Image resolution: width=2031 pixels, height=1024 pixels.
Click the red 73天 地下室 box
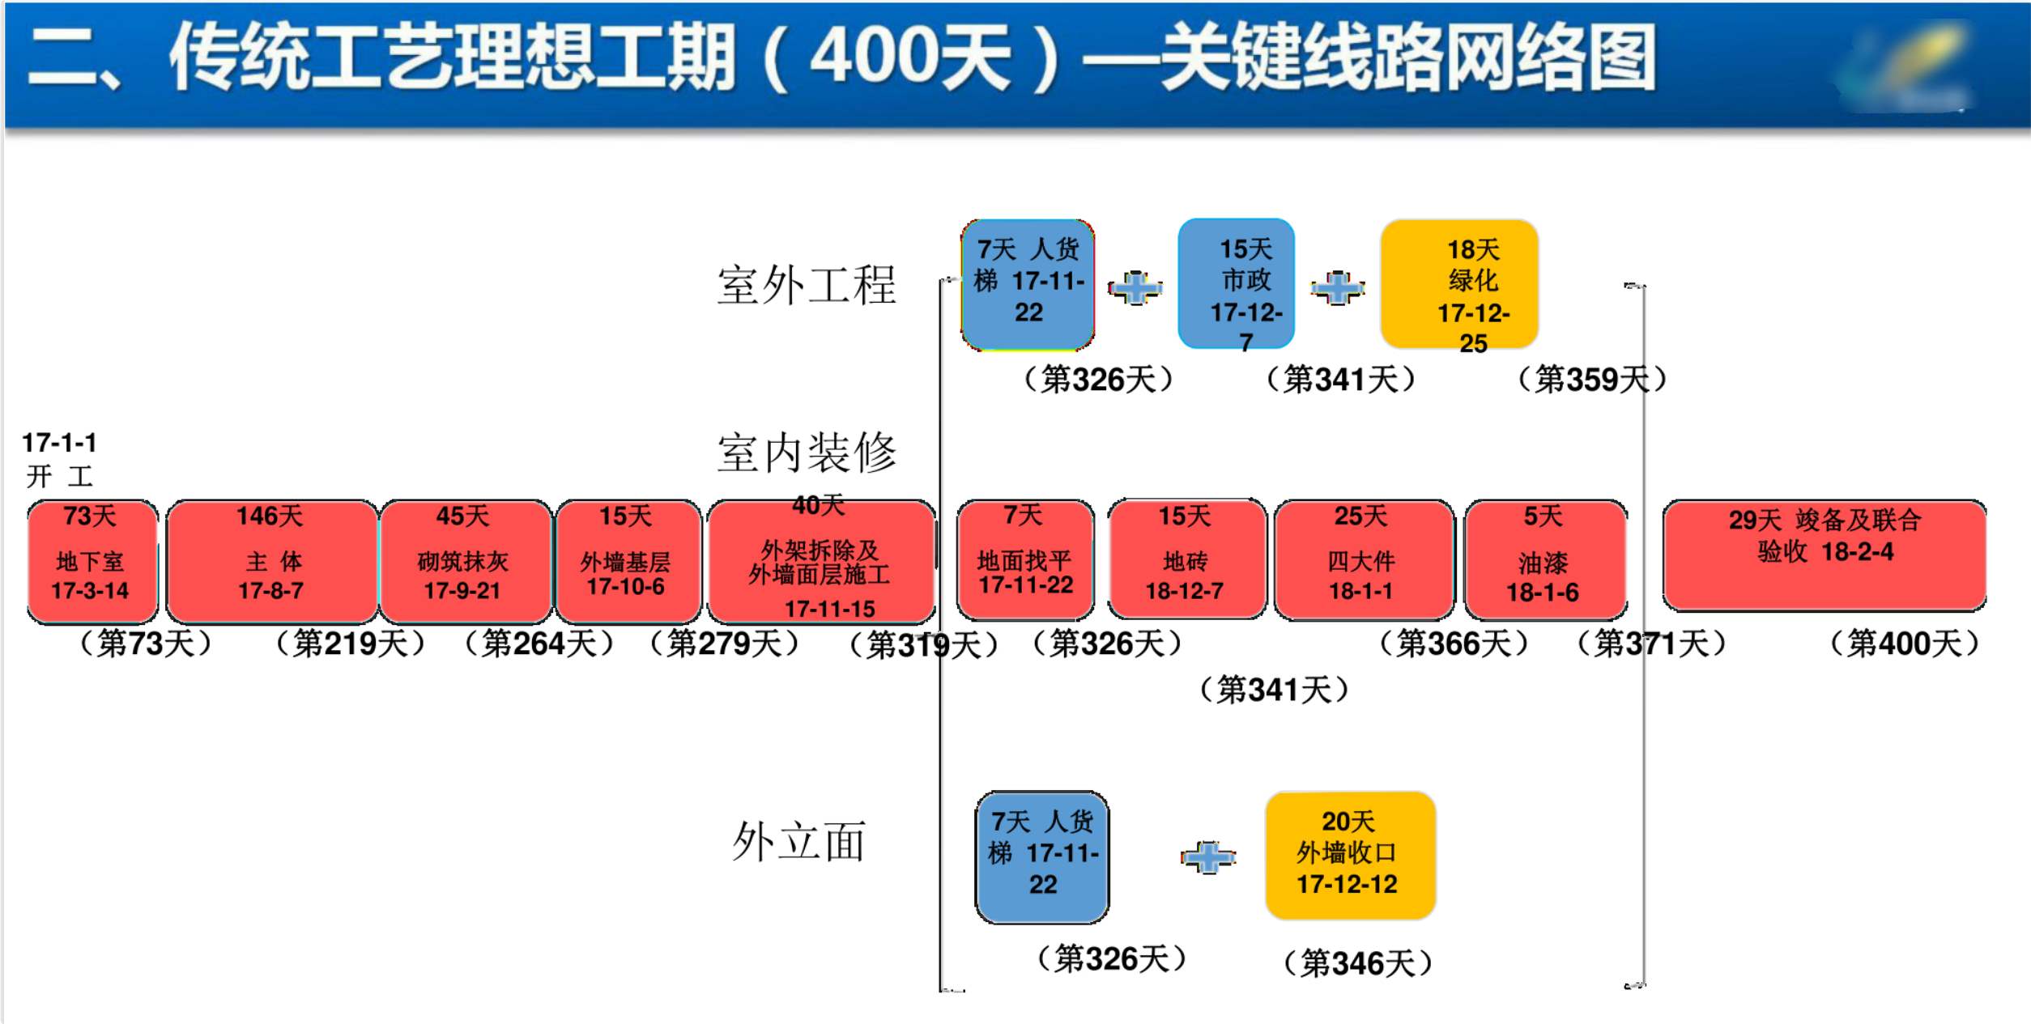92,562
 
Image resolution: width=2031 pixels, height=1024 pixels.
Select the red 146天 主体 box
272,562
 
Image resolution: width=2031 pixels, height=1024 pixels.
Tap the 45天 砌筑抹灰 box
466,562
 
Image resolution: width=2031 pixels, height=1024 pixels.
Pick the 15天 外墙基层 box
628,562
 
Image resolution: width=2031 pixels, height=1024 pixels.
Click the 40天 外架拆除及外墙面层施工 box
821,562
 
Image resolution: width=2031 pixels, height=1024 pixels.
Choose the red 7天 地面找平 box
1025,559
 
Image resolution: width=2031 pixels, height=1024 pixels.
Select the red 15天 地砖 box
1187,559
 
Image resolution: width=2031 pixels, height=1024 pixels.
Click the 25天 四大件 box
1364,559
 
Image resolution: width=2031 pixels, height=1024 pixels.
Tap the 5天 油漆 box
1545,559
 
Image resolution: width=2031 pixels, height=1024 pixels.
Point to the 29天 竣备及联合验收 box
1824,555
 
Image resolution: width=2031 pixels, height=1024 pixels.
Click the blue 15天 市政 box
1237,283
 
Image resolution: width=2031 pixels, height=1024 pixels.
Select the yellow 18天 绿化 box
1459,284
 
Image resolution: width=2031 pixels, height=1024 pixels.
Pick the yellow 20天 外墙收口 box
1350,856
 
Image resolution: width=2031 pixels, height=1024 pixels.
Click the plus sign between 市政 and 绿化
1338,288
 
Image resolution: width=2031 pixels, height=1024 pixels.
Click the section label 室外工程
807,285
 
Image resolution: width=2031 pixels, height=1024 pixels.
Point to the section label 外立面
799,841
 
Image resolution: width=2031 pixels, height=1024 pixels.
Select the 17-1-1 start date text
59,443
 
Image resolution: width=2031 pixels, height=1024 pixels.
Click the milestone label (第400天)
1905,644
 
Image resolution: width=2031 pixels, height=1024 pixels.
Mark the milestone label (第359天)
1592,379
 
